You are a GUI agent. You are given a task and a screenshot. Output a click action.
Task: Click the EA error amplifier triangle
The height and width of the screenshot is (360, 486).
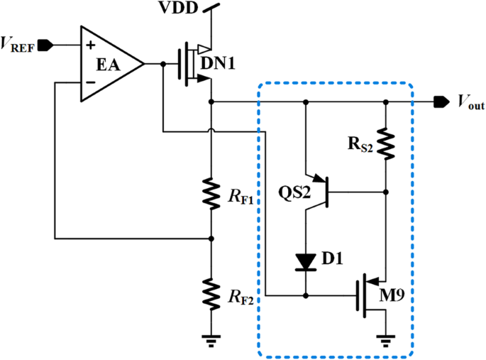pos(110,64)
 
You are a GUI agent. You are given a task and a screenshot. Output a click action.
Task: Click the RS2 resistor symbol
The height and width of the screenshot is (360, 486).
pos(385,144)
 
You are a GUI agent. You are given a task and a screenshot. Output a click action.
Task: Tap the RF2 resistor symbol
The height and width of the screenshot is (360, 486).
pos(211,291)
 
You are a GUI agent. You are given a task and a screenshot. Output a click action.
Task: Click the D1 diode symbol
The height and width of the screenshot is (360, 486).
pos(306,261)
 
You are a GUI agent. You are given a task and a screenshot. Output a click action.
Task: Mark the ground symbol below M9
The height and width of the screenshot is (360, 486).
pos(385,339)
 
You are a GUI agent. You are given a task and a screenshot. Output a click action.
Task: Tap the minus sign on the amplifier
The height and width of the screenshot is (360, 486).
pos(90,82)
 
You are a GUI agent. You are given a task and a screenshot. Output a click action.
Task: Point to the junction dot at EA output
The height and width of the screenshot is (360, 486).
pos(163,64)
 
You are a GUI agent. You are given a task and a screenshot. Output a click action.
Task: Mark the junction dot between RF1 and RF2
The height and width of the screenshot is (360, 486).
pos(211,238)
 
